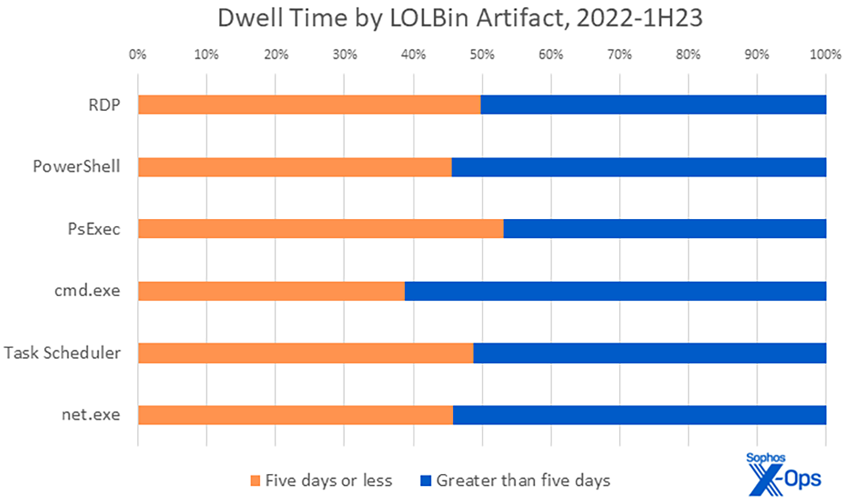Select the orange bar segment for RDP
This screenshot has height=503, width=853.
(309, 104)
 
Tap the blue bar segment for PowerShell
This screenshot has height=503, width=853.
(638, 167)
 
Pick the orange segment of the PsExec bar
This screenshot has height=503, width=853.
(321, 229)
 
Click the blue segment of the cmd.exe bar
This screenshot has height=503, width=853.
(615, 291)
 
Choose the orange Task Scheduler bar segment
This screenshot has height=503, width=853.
(306, 352)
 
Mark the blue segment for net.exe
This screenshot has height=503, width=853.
(639, 414)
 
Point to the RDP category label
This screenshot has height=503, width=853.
(104, 104)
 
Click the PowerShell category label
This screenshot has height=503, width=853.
(76, 167)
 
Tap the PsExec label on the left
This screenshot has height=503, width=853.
(94, 229)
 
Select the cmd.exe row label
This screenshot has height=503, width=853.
(87, 291)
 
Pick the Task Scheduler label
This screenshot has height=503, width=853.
(62, 352)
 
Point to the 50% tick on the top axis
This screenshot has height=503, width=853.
(482, 54)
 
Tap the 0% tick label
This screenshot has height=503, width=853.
(138, 54)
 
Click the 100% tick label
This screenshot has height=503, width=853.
(825, 54)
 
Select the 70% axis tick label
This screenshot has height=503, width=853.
(619, 54)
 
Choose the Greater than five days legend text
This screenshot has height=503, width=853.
(522, 481)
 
